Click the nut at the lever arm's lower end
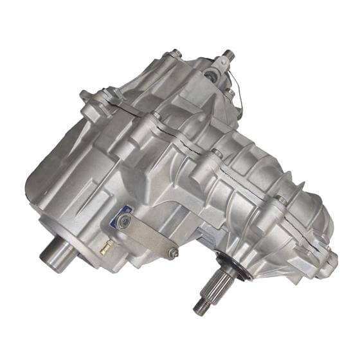172,253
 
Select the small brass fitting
104,246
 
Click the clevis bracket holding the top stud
220,64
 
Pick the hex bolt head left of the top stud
175,55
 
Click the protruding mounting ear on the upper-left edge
90,98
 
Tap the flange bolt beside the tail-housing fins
281,201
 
